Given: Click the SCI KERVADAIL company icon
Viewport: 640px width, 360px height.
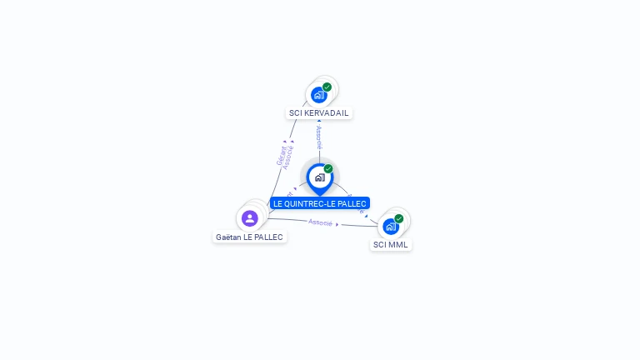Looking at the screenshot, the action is [x=318, y=95].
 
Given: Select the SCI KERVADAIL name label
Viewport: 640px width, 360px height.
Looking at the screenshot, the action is [x=319, y=113].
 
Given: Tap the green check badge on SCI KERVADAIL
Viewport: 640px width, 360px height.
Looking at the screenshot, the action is [x=327, y=87].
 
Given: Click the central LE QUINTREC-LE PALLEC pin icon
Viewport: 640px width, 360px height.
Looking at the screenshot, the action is [x=319, y=177].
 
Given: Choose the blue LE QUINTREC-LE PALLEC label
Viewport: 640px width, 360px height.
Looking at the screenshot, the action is [x=319, y=203].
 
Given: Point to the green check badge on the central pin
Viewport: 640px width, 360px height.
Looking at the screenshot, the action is [x=328, y=168].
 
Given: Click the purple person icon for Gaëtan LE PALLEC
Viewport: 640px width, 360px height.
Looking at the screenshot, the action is [x=249, y=218].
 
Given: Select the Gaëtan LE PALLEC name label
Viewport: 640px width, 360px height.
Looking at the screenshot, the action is [x=249, y=237].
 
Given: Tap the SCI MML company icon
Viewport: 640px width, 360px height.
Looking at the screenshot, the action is [x=390, y=227].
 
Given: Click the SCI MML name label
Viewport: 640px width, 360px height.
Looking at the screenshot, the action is [x=391, y=245].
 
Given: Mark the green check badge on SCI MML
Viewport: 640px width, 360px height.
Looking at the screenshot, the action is [x=399, y=218].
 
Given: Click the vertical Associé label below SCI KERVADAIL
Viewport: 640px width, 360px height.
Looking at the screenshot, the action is [x=319, y=137].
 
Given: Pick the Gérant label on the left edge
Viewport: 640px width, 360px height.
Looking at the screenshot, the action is [x=281, y=155].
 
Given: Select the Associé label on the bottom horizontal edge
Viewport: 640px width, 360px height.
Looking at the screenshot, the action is [x=320, y=222].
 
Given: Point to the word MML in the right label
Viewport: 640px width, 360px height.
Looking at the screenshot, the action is [x=397, y=245].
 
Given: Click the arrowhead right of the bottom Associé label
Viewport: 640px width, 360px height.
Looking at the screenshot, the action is [x=337, y=224].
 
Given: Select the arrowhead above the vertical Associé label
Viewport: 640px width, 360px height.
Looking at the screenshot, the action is [x=319, y=122].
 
